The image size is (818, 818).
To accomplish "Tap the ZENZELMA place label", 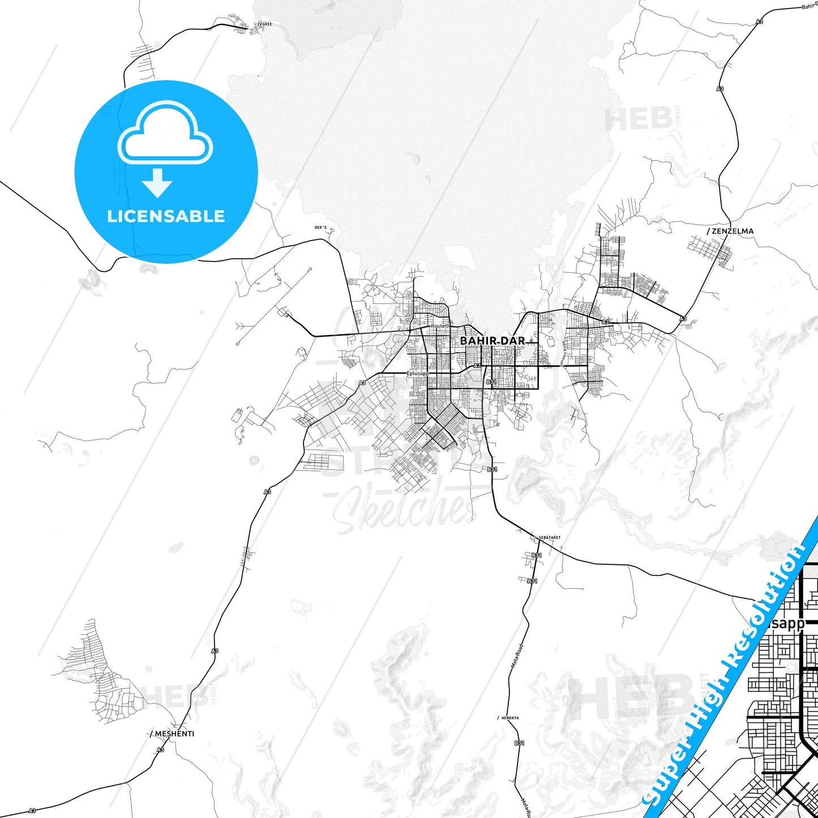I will (733, 231).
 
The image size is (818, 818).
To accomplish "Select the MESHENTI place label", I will (174, 734).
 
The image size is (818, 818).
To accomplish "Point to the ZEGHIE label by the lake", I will (264, 24).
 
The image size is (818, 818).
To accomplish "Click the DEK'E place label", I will (321, 228).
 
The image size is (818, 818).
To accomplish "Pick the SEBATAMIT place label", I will (549, 537).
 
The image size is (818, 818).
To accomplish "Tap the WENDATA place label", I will (509, 718).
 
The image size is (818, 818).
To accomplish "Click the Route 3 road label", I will (440, 326).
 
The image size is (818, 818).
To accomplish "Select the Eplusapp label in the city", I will (418, 374).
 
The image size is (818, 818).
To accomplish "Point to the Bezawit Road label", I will (564, 354).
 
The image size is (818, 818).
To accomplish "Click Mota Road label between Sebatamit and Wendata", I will (517, 657).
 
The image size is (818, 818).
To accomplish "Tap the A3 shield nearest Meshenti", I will (161, 750).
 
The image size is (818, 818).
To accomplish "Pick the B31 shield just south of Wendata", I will (519, 743).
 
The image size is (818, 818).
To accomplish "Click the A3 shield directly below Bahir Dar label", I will (477, 366).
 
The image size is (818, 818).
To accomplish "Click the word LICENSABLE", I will (166, 216).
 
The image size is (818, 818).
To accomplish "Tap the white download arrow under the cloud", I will (157, 183).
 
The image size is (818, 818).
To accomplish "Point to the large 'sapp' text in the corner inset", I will (788, 624).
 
